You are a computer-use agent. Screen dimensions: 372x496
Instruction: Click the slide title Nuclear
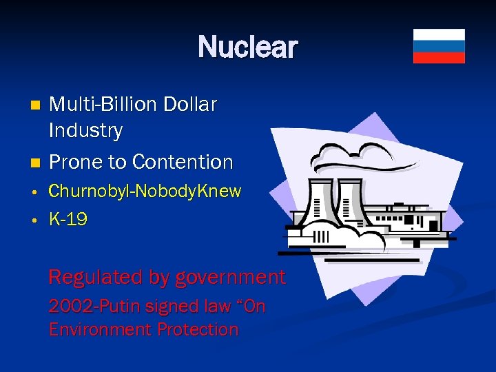click(x=247, y=48)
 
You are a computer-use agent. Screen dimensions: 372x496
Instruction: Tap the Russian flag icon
click(x=439, y=46)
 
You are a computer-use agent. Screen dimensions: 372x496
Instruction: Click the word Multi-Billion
click(x=103, y=105)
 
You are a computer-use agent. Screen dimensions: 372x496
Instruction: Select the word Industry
click(x=85, y=130)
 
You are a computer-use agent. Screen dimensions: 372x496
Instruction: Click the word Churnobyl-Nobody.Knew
click(x=145, y=191)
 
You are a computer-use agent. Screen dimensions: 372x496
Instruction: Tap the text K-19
click(x=68, y=220)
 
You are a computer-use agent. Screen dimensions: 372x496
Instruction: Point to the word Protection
click(x=197, y=329)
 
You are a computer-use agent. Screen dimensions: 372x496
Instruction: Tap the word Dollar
click(x=190, y=105)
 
